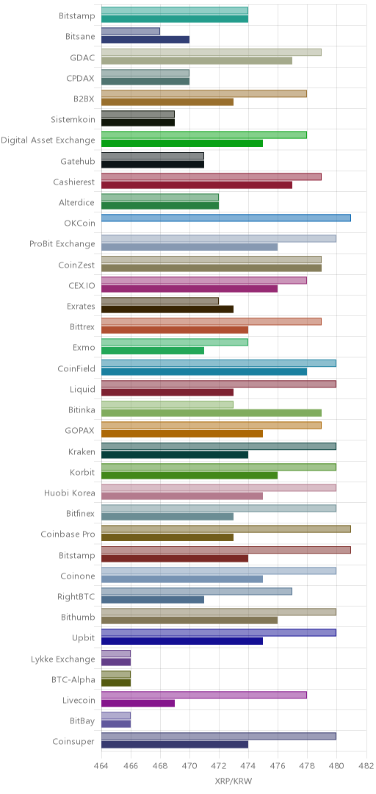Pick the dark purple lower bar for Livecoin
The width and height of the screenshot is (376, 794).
click(138, 704)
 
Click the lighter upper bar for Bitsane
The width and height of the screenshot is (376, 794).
click(131, 32)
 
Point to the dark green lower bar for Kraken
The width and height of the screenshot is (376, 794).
click(175, 454)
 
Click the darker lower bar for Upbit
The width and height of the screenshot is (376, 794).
click(182, 641)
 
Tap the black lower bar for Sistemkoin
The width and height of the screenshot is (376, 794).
click(138, 123)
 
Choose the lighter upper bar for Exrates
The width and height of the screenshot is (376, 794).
click(160, 301)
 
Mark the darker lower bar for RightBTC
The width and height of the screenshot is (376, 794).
click(153, 600)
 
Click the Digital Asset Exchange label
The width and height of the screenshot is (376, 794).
click(48, 140)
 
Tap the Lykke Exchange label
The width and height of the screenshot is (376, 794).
click(63, 659)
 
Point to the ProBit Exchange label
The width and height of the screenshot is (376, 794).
click(62, 244)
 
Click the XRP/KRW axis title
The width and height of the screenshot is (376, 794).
click(234, 781)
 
